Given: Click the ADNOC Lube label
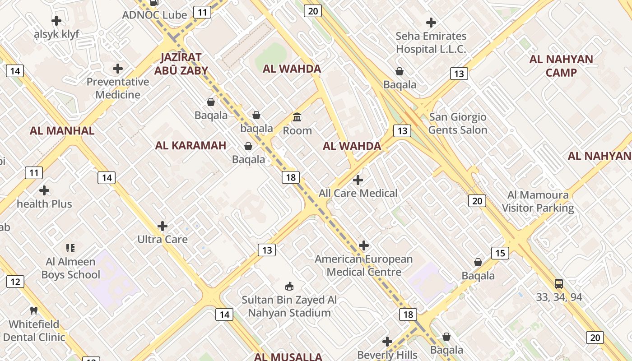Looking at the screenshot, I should [154, 15].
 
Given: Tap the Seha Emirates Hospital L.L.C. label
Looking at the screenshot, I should [431, 42].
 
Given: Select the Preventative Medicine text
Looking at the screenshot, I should [118, 88].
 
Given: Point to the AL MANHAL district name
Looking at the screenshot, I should [62, 131].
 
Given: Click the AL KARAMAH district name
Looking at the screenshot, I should [191, 145].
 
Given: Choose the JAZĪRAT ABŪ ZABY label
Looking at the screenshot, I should [181, 64].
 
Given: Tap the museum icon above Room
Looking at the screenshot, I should [297, 117].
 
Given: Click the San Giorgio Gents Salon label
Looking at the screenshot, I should [458, 123].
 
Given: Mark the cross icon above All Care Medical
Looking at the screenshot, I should [358, 180].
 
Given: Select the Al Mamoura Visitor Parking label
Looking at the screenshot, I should [538, 201].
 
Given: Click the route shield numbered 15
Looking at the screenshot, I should [500, 253].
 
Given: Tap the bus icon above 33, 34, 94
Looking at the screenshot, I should [559, 284].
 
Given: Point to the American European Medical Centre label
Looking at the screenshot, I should [364, 265].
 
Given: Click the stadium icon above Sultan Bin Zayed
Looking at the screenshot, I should [289, 286].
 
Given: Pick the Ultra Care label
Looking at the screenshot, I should [163, 239].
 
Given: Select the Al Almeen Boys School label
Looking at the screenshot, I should [71, 268].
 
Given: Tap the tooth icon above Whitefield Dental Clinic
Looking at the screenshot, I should [33, 310].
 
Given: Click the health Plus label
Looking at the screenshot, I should [44, 204].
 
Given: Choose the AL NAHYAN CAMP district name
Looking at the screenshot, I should [561, 66].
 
